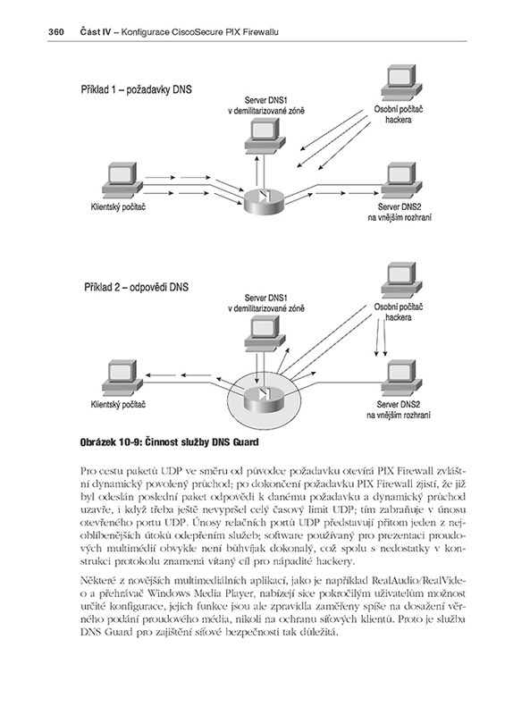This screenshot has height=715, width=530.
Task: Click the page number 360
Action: [x=55, y=32]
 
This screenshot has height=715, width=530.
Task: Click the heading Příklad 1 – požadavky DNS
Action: [x=137, y=89]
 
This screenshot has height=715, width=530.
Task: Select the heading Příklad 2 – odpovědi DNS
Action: [x=137, y=287]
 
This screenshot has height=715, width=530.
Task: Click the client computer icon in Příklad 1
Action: [x=122, y=181]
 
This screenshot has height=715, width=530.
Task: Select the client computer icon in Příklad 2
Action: [x=122, y=378]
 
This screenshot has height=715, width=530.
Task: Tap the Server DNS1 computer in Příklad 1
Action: [x=265, y=137]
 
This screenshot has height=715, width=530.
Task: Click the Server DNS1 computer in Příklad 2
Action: [x=265, y=334]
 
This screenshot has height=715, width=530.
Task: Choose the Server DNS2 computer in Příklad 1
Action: [x=401, y=181]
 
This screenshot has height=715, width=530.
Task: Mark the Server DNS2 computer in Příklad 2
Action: [x=401, y=378]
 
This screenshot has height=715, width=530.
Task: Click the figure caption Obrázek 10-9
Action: [x=169, y=442]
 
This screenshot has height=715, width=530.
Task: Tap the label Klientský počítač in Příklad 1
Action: [x=118, y=207]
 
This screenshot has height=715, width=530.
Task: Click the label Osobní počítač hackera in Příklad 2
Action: [x=399, y=312]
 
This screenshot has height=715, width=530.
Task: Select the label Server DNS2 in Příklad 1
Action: [x=400, y=206]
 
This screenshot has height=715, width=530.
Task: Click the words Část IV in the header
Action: [x=96, y=32]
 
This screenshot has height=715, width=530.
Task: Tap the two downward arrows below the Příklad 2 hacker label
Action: [x=381, y=337]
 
